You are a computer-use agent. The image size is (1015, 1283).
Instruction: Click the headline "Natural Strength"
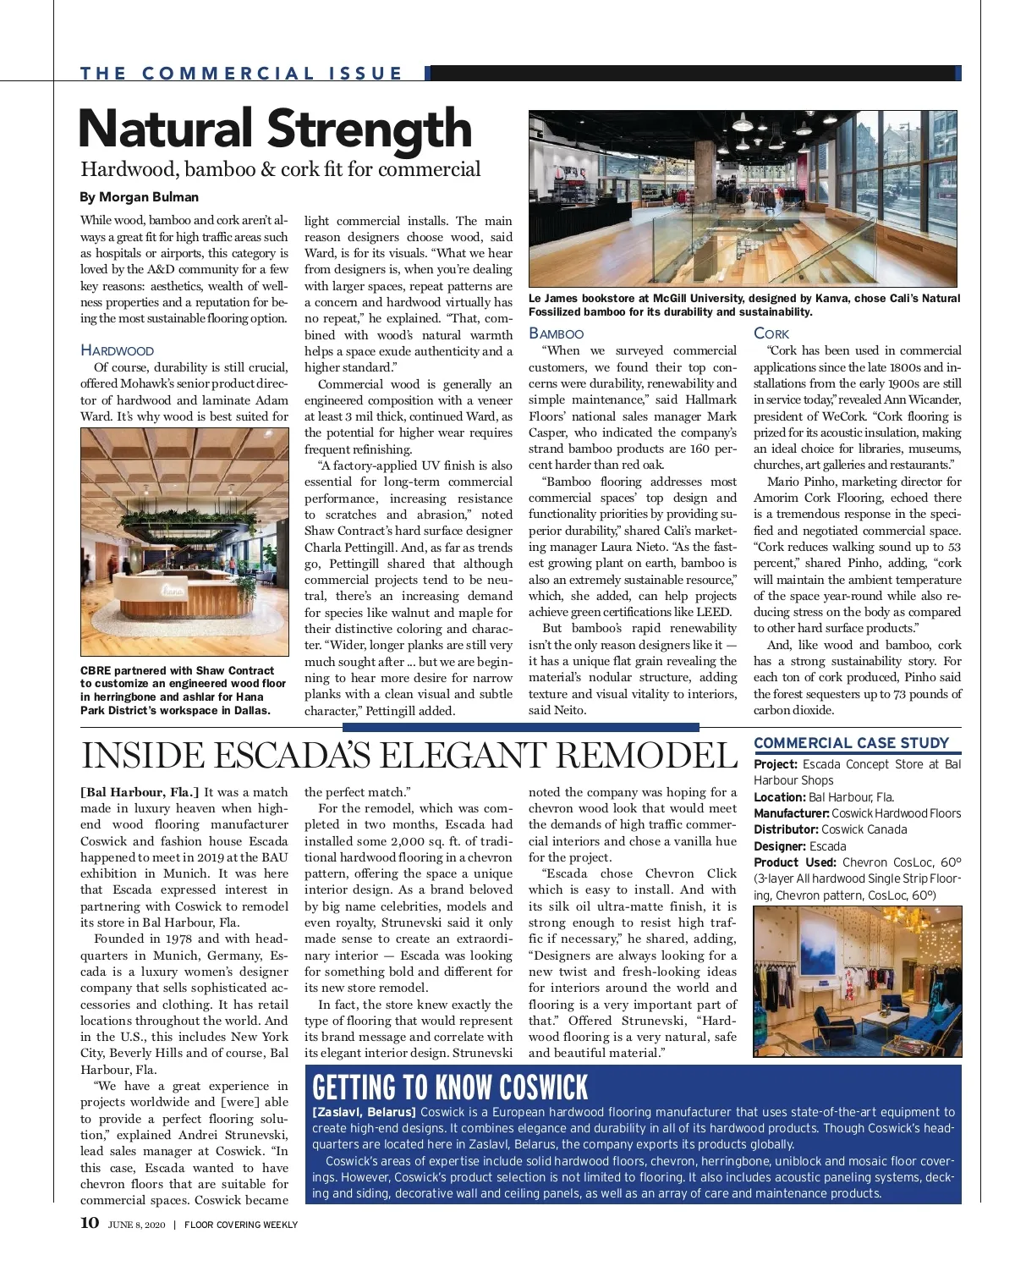[275, 129]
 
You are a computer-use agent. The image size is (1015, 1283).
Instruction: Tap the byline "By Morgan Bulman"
[140, 197]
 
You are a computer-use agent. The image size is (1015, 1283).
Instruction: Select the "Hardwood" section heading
[118, 350]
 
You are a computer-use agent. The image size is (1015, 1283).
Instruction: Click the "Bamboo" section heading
[556, 333]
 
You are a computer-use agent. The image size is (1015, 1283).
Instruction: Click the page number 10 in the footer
[90, 1223]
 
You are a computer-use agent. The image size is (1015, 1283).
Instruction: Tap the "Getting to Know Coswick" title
[450, 1087]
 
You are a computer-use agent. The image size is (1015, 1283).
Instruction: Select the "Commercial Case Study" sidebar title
[851, 743]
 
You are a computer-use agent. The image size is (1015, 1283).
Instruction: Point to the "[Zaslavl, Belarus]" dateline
[364, 1112]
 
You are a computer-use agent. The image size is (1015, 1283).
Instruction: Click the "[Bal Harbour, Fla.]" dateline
[140, 792]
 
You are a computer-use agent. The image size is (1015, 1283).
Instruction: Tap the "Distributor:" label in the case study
[786, 829]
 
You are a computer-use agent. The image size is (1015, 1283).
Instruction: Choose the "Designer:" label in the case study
[780, 846]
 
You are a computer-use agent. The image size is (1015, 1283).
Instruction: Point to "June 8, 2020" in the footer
[137, 1224]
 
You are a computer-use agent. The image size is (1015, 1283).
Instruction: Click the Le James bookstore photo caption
[744, 305]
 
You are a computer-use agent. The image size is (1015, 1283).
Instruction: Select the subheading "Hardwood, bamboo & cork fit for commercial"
[281, 169]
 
